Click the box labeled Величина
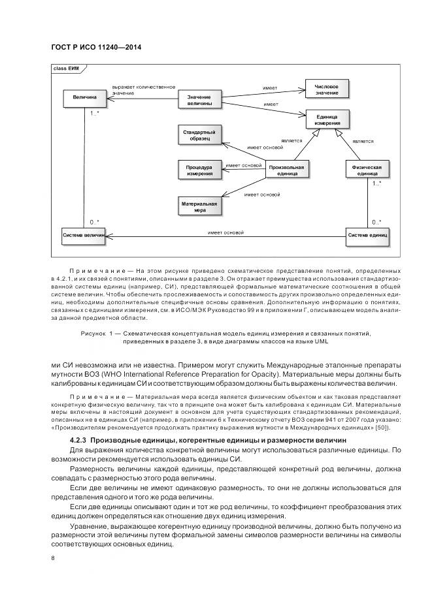(x=84, y=97)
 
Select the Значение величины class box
(x=199, y=100)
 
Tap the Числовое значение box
(x=326, y=89)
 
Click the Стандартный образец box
(x=199, y=135)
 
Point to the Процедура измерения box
(x=199, y=170)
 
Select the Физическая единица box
(x=367, y=170)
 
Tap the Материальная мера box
(x=199, y=207)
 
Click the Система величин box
(x=84, y=235)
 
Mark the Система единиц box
(x=367, y=235)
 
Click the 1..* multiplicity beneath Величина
(x=95, y=114)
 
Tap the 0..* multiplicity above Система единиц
(x=376, y=222)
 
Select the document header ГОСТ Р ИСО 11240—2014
(x=96, y=48)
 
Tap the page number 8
(x=53, y=557)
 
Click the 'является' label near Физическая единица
(x=363, y=141)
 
